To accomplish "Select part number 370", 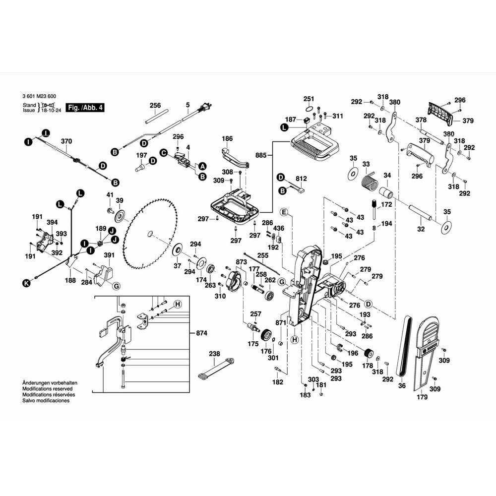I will tap(66, 141).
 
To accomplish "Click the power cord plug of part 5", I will tap(204, 107).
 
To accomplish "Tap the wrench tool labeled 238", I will tap(216, 368).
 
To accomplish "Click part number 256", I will tap(155, 105).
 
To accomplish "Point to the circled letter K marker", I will tap(26, 283).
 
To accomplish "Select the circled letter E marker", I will tap(284, 212).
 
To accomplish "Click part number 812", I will tap(302, 178).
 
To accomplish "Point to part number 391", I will tap(109, 255).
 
